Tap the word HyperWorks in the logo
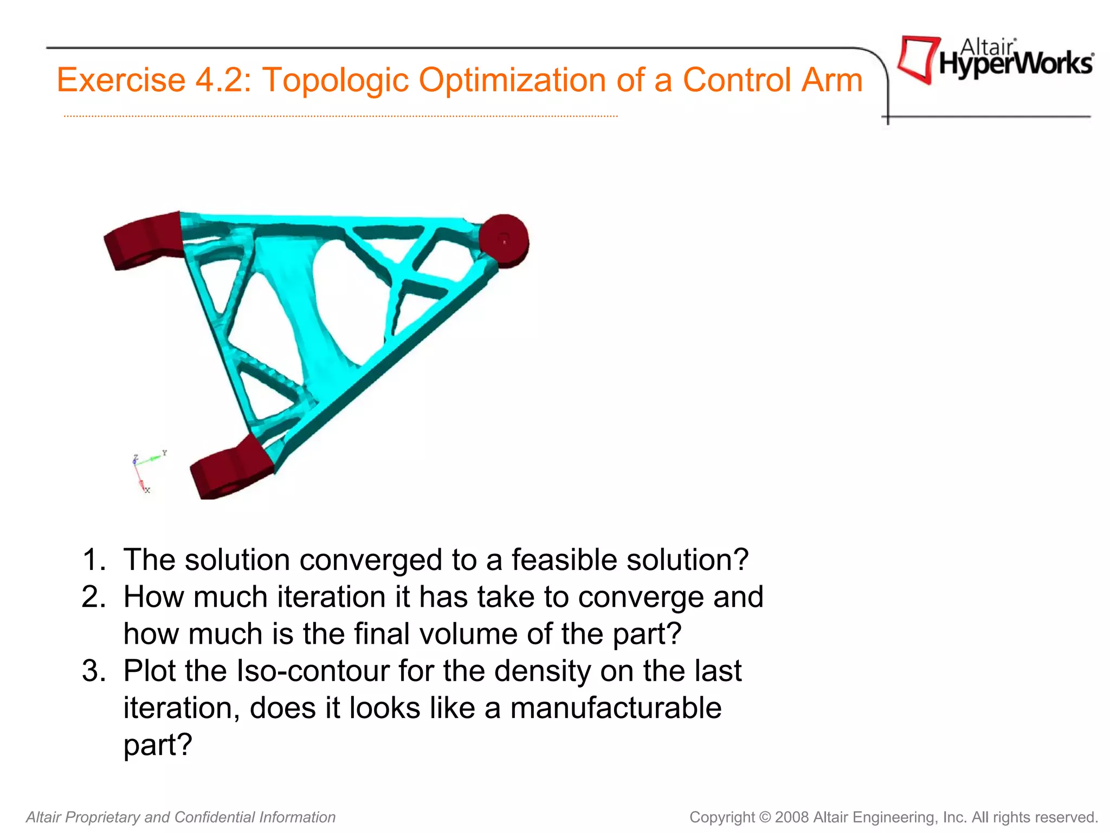click(1016, 65)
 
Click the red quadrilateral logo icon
click(918, 59)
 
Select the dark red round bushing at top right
click(504, 240)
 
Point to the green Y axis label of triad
click(165, 452)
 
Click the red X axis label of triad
click(147, 490)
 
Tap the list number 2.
click(93, 597)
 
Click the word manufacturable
click(616, 708)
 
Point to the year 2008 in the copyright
click(792, 817)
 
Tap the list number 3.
click(93, 671)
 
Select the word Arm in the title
click(832, 80)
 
